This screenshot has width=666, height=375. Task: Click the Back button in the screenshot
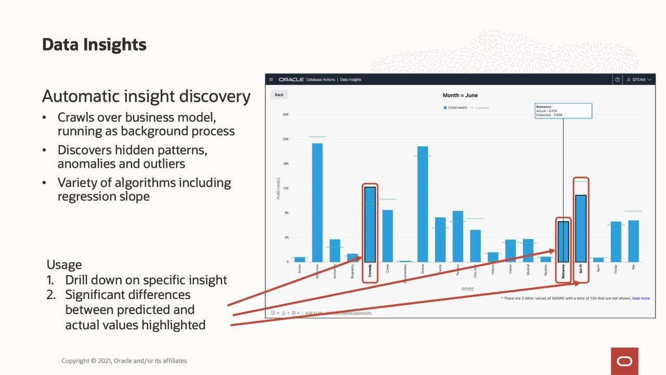(x=279, y=95)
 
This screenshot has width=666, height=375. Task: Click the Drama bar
(x=422, y=204)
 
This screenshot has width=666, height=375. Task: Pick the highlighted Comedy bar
(x=370, y=224)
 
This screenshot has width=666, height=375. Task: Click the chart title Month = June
(x=460, y=95)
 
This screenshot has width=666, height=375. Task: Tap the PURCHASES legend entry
(x=455, y=108)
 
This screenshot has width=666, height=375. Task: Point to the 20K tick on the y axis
(x=286, y=139)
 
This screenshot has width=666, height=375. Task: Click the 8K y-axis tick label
(x=286, y=213)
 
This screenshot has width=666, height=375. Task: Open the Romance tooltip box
(x=563, y=111)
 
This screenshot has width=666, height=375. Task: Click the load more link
(x=641, y=298)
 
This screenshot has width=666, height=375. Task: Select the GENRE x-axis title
(x=467, y=289)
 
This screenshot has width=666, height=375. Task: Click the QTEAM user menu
(x=638, y=80)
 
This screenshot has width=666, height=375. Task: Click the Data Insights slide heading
(x=94, y=45)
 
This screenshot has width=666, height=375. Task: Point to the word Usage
(x=64, y=264)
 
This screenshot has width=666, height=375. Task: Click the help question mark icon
(x=618, y=80)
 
